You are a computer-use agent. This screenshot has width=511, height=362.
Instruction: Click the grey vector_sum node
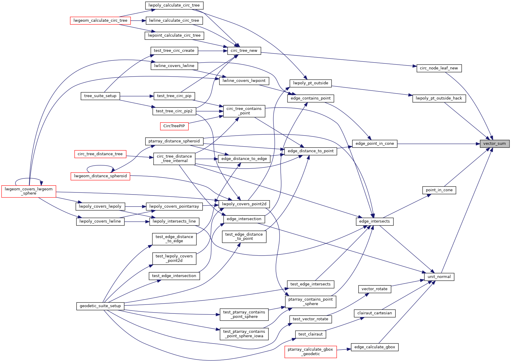click(494, 144)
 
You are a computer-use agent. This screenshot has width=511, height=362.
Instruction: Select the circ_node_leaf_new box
click(439, 68)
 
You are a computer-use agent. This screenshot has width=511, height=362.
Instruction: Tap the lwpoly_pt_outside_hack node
click(439, 98)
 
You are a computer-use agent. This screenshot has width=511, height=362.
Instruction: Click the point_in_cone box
click(439, 190)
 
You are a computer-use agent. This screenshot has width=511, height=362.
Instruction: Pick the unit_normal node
click(439, 277)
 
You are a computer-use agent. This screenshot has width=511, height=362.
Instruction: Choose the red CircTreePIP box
click(174, 126)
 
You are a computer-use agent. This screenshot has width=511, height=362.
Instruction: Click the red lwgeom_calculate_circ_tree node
click(100, 21)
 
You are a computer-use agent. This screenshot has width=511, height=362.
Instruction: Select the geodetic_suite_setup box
click(100, 306)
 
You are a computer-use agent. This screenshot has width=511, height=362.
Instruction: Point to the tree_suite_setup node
click(100, 96)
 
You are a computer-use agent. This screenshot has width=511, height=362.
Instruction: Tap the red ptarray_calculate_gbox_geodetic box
click(310, 352)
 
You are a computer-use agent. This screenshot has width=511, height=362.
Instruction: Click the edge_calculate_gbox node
click(374, 347)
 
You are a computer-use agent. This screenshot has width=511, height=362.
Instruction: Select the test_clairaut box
click(310, 334)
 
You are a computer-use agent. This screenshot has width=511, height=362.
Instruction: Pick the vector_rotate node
click(374, 289)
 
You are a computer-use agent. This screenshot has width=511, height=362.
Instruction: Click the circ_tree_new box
click(244, 51)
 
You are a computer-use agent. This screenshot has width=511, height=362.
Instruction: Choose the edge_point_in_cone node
click(374, 144)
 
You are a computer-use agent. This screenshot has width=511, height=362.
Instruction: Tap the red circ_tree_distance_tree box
click(100, 154)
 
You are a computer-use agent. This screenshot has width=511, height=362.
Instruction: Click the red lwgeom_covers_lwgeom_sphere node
click(29, 191)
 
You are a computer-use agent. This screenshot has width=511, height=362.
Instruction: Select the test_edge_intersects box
click(310, 284)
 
